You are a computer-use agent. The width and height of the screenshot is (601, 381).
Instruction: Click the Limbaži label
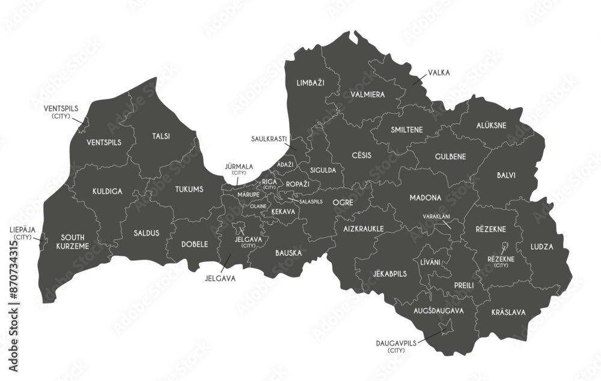tap(310, 82)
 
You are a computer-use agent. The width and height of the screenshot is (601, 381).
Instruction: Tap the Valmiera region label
tap(367, 94)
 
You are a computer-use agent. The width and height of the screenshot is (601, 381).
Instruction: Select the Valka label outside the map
tap(439, 73)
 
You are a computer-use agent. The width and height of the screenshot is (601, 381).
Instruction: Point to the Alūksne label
tap(491, 126)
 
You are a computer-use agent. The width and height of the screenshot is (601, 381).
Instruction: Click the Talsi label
tap(160, 136)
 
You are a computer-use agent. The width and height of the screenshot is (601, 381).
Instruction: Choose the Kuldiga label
tap(108, 191)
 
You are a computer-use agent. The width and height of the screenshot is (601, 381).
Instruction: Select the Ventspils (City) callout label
tap(61, 111)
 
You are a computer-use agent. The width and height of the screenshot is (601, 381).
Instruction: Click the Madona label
tap(426, 197)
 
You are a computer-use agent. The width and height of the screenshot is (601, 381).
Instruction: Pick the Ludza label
tap(542, 246)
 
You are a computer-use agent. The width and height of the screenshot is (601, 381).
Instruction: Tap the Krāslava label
tap(508, 312)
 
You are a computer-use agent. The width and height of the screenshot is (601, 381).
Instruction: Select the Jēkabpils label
tap(389, 273)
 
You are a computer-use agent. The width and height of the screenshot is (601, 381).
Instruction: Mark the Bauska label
tap(288, 253)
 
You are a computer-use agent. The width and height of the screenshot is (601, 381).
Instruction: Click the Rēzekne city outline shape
tap(505, 246)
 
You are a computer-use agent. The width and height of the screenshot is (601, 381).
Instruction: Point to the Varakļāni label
tap(436, 216)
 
